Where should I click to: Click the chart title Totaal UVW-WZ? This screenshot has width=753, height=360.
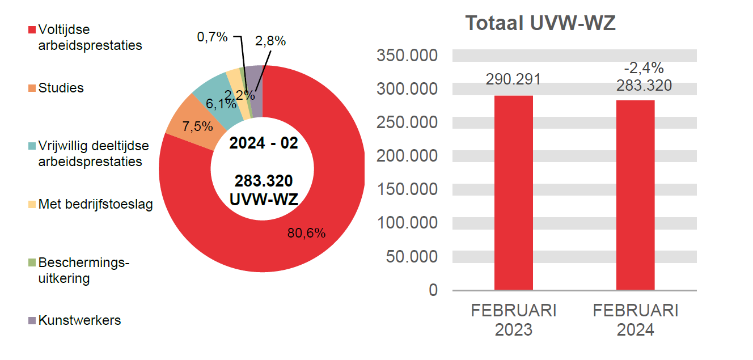pyautogui.click(x=540, y=24)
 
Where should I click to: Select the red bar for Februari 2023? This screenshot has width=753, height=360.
pyautogui.click(x=513, y=193)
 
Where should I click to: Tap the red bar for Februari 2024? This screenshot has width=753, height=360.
pyautogui.click(x=635, y=195)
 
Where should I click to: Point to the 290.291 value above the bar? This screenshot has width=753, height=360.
pyautogui.click(x=513, y=79)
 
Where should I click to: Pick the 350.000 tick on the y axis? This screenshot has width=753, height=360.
pyautogui.click(x=407, y=56)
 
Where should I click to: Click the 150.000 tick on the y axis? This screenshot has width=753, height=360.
pyautogui.click(x=407, y=189)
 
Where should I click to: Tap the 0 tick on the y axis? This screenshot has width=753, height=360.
pyautogui.click(x=433, y=290)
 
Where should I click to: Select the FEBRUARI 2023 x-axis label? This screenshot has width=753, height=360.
pyautogui.click(x=514, y=320)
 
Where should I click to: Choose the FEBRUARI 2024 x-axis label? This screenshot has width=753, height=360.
pyautogui.click(x=635, y=320)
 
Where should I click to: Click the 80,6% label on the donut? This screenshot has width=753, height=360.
pyautogui.click(x=306, y=233)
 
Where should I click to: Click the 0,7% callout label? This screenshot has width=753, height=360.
pyautogui.click(x=212, y=37)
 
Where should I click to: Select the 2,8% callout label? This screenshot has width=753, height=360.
pyautogui.click(x=270, y=41)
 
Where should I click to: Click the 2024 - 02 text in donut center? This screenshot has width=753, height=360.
pyautogui.click(x=263, y=143)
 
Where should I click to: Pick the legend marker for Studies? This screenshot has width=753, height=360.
pyautogui.click(x=33, y=88)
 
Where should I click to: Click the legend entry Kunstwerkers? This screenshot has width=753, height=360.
pyautogui.click(x=79, y=320)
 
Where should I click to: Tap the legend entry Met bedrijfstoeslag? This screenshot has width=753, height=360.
pyautogui.click(x=95, y=204)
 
